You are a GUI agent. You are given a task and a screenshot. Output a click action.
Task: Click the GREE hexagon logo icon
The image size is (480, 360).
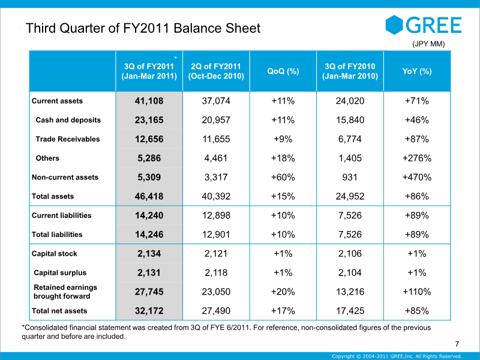[x=394, y=25]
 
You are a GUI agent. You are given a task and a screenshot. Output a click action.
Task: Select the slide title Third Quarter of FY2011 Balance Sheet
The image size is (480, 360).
[x=143, y=28]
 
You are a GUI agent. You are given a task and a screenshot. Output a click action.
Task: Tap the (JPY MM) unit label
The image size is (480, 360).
[x=428, y=44]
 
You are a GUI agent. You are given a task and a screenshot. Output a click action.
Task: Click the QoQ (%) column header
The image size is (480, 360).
[x=283, y=71]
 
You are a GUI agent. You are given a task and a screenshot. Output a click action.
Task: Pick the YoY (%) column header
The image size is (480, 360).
[x=417, y=71]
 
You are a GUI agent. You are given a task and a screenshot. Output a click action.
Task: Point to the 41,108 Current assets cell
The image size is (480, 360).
[x=149, y=101]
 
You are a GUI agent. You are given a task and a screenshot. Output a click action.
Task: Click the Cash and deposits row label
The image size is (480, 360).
[x=68, y=120]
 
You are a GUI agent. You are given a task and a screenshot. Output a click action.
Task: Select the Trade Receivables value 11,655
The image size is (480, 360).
[x=216, y=139]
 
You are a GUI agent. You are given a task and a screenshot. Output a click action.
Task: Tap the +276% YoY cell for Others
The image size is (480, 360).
[x=417, y=158]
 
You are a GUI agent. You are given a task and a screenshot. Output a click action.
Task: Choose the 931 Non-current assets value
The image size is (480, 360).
[x=350, y=177]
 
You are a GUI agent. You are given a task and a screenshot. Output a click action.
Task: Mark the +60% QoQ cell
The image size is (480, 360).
[x=283, y=177]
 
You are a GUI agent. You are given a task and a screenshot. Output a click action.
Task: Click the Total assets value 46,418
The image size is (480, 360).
[x=149, y=197]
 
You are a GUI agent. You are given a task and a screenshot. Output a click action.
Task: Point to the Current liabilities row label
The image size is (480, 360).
[x=62, y=215]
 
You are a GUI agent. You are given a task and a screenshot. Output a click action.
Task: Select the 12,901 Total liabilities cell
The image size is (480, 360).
[x=216, y=235]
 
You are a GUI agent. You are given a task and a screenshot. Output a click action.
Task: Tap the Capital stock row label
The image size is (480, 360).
[x=55, y=254]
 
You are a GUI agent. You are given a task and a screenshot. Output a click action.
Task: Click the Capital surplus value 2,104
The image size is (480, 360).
[x=350, y=273]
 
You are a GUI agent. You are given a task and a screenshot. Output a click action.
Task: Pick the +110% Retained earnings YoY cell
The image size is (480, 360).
[x=417, y=292]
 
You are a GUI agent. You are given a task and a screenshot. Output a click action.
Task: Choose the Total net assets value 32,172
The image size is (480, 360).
[x=149, y=311]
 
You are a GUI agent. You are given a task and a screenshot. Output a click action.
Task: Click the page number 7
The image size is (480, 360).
[x=457, y=344]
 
